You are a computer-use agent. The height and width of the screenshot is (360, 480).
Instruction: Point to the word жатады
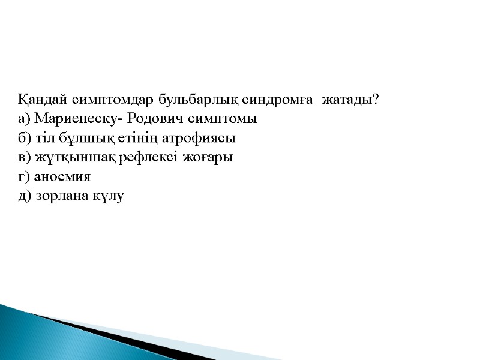pyautogui.click(x=346, y=99)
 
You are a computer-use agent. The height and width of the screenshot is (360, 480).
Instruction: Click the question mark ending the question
pyautogui.click(x=375, y=99)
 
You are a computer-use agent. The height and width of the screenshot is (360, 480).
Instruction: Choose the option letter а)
pyautogui.click(x=25, y=119)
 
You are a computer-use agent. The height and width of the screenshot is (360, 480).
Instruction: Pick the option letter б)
pyautogui.click(x=25, y=138)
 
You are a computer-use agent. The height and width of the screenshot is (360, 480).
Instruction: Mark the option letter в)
pyautogui.click(x=25, y=158)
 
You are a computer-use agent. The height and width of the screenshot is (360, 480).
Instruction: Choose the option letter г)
pyautogui.click(x=24, y=177)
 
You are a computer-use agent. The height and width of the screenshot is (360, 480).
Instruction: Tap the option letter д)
pyautogui.click(x=25, y=196)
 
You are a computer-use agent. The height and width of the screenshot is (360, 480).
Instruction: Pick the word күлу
pyautogui.click(x=109, y=196)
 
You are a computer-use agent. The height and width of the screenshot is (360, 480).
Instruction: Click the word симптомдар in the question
pyautogui.click(x=108, y=99)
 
